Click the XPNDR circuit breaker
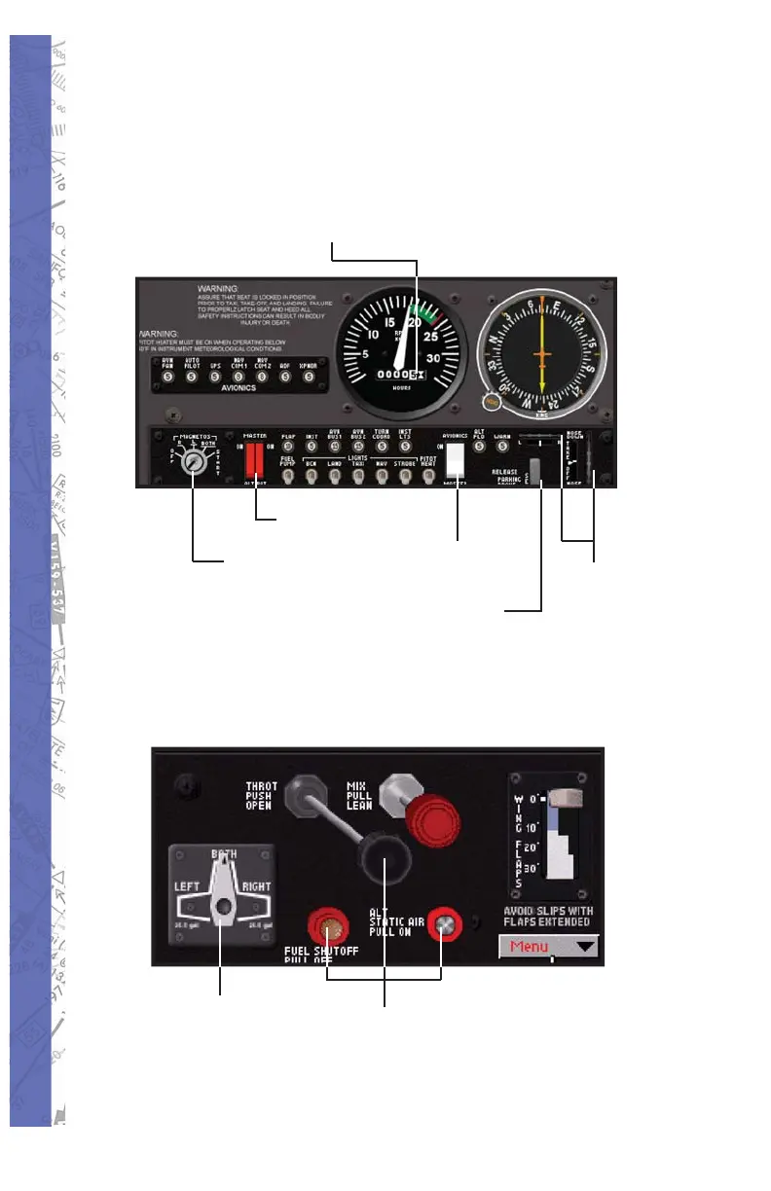(x=310, y=376)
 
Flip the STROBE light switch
(x=405, y=476)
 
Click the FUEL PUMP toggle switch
(x=288, y=476)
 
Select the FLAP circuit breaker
(x=288, y=447)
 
